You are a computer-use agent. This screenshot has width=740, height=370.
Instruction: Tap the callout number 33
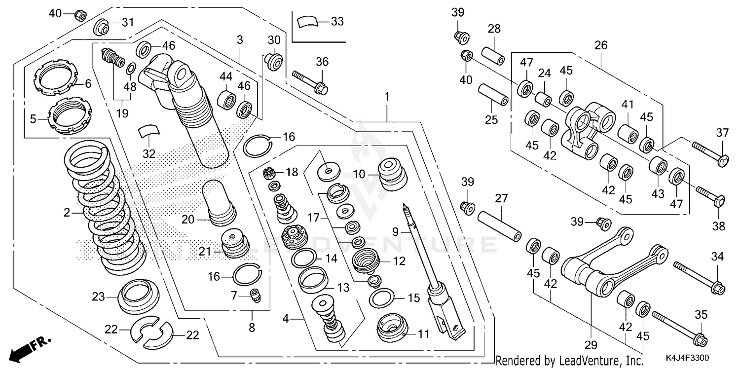point(337,22)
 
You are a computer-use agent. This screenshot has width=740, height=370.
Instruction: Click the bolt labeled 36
point(310,82)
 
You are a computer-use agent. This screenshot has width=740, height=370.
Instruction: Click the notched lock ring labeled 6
point(55,79)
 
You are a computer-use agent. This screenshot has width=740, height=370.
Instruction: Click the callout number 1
point(387,96)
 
